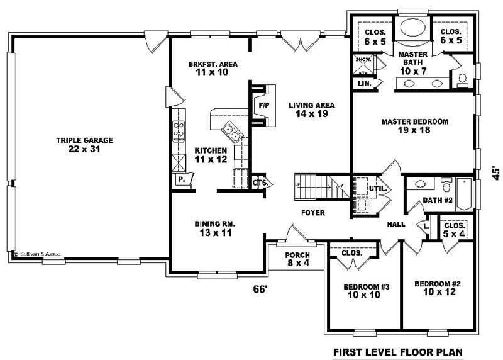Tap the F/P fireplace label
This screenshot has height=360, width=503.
click(264, 105)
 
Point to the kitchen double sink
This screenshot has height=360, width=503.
click(230, 133)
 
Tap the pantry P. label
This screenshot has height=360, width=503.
click(181, 179)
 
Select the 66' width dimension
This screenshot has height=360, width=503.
click(260, 289)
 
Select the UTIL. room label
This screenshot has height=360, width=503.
click(377, 188)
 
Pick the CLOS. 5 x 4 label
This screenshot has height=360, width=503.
click(454, 229)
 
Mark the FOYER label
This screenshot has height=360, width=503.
click(312, 213)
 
